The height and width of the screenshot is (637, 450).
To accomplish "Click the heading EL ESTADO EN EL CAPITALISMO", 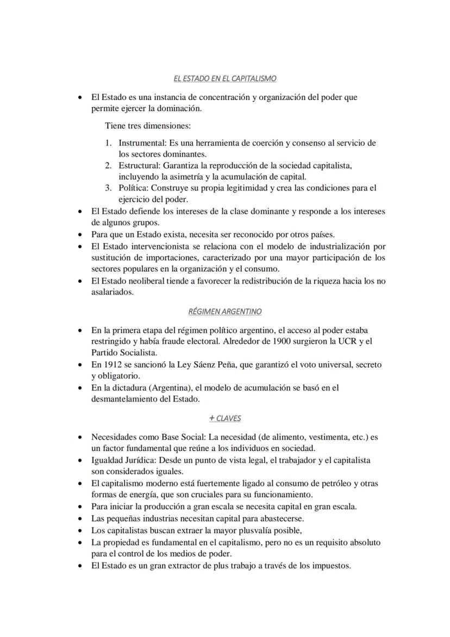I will (x=224, y=79).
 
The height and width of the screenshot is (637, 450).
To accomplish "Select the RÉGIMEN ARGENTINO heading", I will (x=224, y=312).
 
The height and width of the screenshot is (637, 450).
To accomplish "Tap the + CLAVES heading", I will (x=224, y=418).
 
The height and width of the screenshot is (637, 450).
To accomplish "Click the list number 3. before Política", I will (x=109, y=188).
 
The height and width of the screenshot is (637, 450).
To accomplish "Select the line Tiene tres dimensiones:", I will (x=148, y=126).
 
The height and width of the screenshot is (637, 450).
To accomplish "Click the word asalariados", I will (x=112, y=292).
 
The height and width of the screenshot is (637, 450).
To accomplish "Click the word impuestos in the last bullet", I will (x=331, y=565).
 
